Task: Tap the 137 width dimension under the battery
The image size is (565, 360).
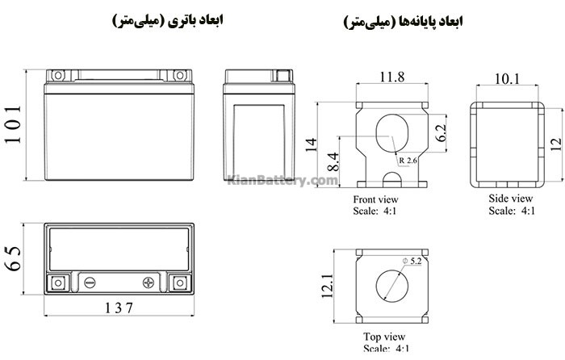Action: click(x=118, y=308)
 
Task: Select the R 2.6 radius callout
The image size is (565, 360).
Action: click(x=408, y=161)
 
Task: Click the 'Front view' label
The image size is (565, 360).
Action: click(x=376, y=199)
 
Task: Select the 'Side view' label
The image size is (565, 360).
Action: click(x=510, y=198)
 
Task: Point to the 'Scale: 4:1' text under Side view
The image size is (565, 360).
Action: click(x=510, y=210)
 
